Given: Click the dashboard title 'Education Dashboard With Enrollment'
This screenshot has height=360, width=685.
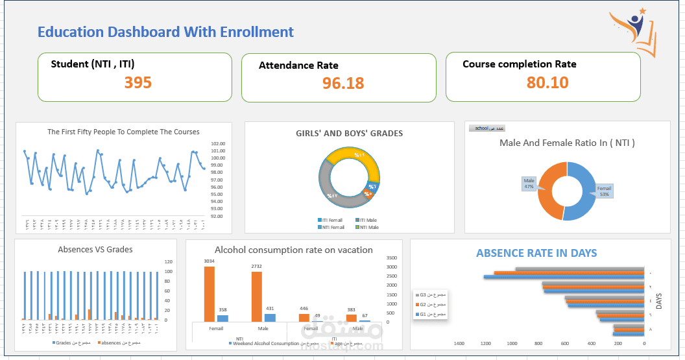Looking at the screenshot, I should point(165,32).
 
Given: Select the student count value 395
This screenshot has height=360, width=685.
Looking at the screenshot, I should point(138,82).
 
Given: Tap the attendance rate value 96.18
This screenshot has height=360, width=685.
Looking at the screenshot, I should point(342,83).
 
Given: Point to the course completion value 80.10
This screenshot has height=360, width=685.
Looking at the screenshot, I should point(547,82).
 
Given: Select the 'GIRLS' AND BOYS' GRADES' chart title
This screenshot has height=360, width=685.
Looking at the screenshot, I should point(349,134).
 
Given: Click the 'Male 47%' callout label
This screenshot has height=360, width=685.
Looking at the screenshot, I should point(529,184).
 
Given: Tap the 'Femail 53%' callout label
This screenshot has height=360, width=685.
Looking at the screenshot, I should point(604,191).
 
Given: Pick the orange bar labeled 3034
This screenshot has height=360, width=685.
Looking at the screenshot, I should point(209,294).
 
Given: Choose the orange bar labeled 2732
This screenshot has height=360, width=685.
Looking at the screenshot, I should point(257,296).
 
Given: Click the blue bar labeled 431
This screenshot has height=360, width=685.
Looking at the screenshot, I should point(270,318).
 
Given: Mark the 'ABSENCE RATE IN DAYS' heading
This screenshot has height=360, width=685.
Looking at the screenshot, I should point(536,253).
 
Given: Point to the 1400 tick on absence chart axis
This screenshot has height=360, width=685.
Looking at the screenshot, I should point(459,343).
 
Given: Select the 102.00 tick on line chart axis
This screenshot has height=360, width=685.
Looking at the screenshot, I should point(218,144).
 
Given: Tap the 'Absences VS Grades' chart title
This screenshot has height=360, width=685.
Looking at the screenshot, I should point(95,249).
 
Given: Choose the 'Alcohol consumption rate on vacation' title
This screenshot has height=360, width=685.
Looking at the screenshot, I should point(293,250).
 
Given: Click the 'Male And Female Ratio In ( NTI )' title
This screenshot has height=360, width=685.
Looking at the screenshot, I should point(567,143).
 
